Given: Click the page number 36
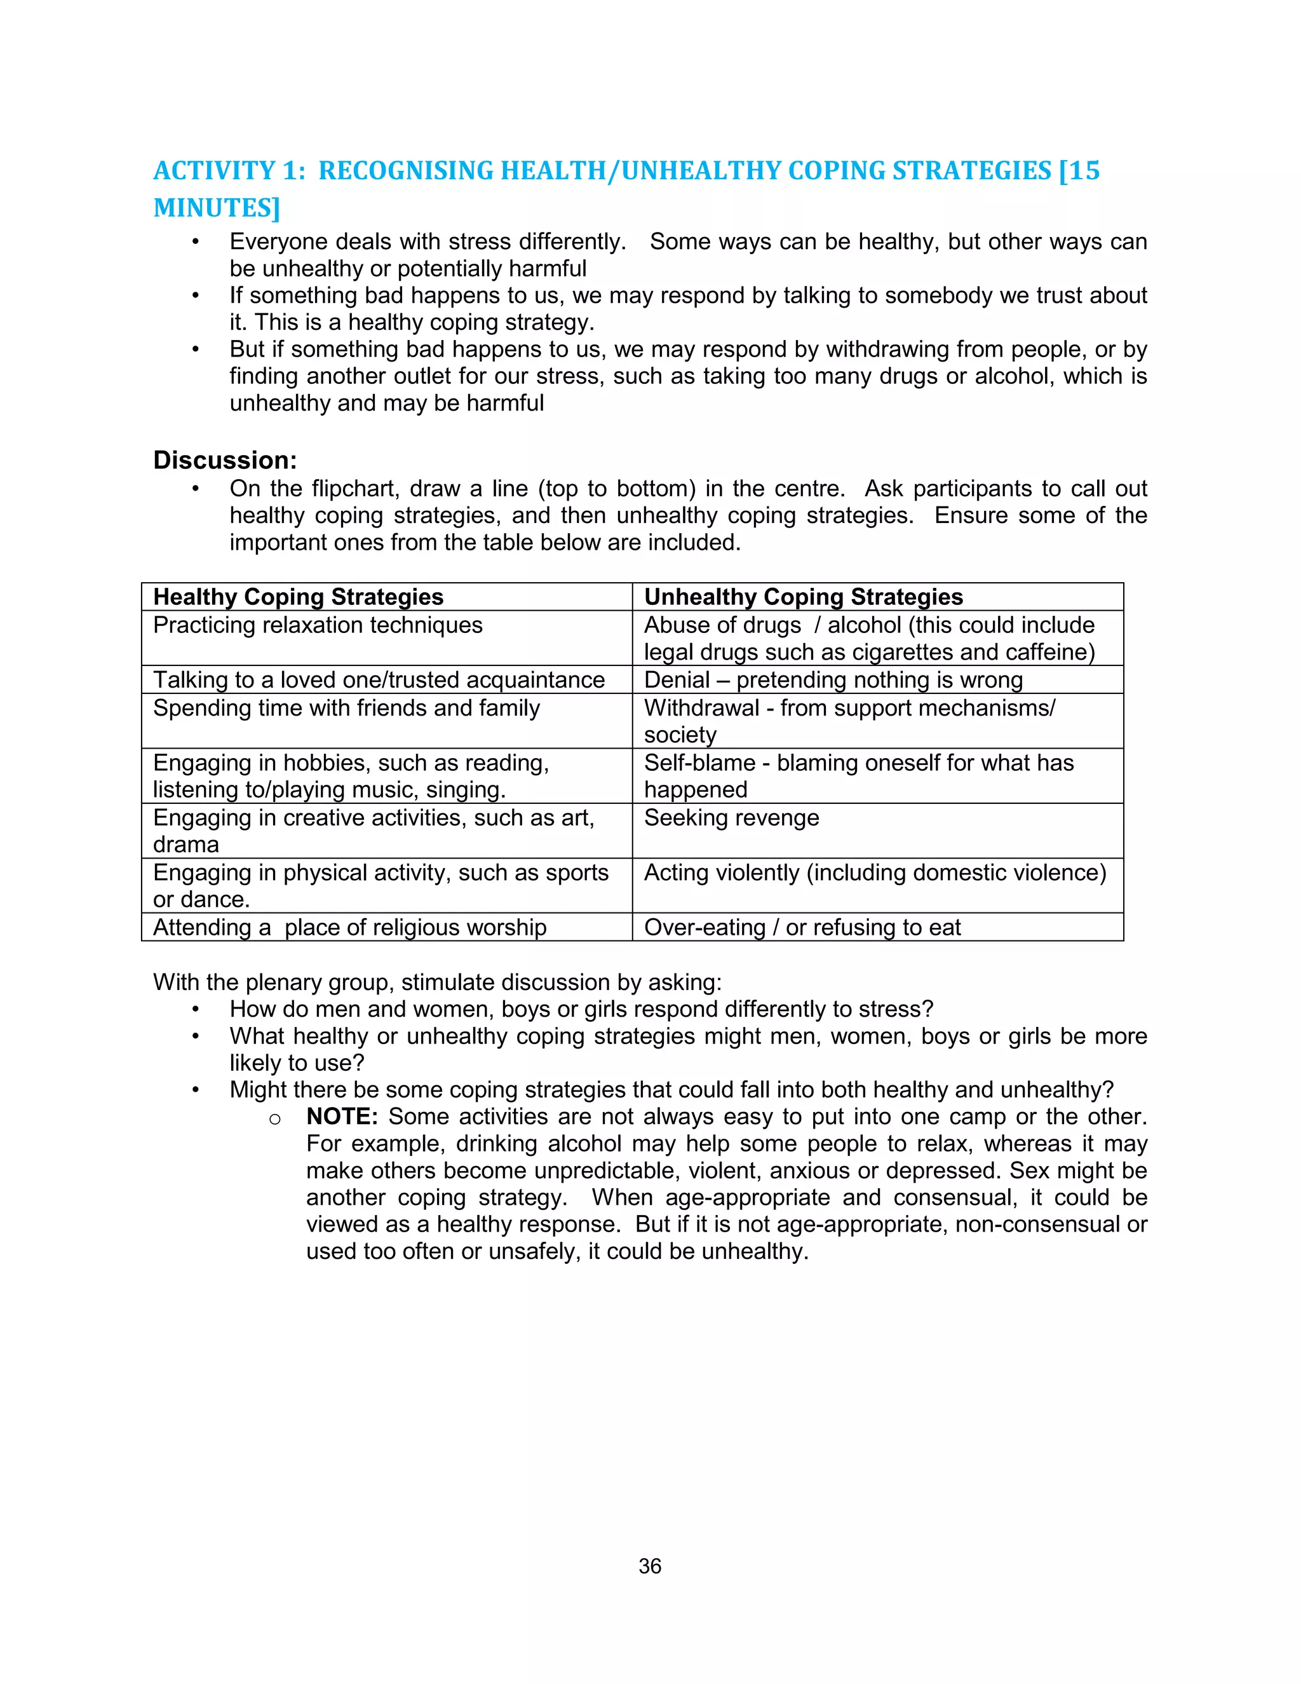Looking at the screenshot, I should (x=650, y=1566).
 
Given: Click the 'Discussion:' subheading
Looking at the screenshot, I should (x=225, y=460).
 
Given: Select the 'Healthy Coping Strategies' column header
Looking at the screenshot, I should (x=299, y=597).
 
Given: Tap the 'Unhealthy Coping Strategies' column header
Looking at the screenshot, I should (x=803, y=597).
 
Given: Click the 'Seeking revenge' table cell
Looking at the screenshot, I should (x=731, y=817).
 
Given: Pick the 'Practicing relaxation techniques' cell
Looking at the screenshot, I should (x=318, y=625).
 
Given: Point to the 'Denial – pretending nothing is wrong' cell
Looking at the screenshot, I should (x=833, y=680).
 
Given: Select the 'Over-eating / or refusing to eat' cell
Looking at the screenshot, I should (x=802, y=928).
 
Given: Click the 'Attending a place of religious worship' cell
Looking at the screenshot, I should (x=350, y=928).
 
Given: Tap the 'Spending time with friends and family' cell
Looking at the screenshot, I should (x=346, y=708).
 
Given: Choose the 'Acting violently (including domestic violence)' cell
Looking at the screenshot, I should (x=875, y=873).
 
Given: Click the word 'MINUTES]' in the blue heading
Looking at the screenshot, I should (x=217, y=208).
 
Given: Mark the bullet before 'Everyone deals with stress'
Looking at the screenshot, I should (x=196, y=242).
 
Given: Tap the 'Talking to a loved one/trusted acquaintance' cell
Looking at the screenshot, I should (x=379, y=680).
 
